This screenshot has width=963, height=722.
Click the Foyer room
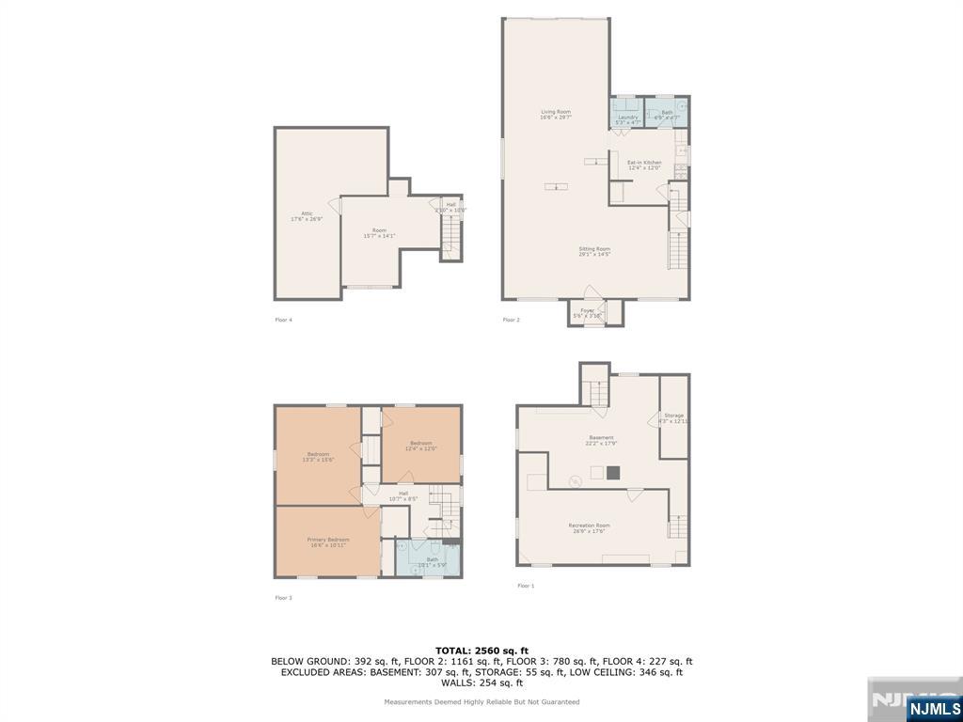[588, 312]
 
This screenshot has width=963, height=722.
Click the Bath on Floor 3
[432, 560]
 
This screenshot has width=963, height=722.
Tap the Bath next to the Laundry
[667, 113]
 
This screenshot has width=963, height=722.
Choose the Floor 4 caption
[283, 320]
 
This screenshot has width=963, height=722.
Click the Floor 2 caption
[511, 320]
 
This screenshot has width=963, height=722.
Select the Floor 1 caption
[526, 586]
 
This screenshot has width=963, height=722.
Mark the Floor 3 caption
[283, 598]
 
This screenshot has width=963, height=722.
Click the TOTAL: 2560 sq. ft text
[481, 651]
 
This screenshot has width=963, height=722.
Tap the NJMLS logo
[934, 708]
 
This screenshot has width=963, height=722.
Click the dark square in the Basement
[613, 473]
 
